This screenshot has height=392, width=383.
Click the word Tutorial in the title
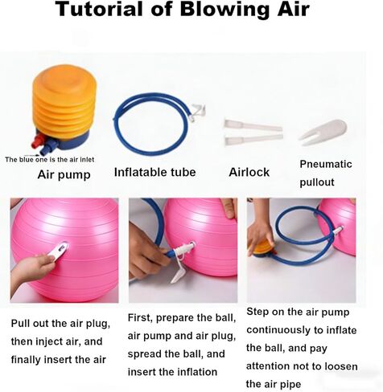[101, 9]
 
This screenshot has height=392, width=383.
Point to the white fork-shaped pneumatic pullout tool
[323, 132]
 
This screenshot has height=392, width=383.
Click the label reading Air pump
[64, 175]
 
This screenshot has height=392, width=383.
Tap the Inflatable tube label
[155, 172]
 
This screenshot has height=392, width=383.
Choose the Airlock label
[249, 172]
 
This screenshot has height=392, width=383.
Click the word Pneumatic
[326, 164]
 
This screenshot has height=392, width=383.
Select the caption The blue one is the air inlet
[50, 160]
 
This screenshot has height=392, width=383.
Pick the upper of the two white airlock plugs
[253, 125]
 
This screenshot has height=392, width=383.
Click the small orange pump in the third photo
[263, 249]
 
